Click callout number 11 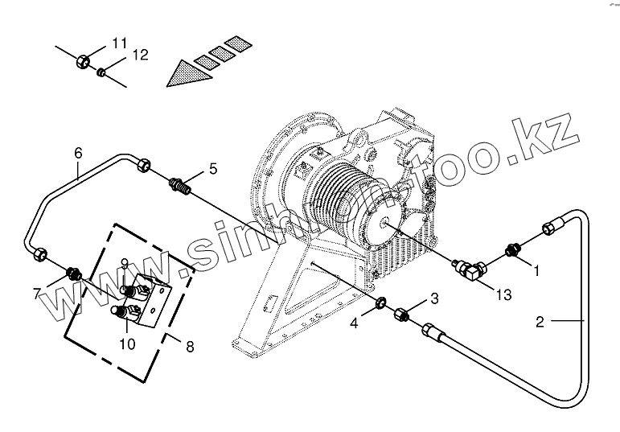(120, 43)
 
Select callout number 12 (140, 56)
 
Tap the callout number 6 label (78, 152)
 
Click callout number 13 (503, 295)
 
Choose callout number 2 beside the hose (540, 323)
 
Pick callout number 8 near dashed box (190, 348)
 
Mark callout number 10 (126, 344)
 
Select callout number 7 (37, 293)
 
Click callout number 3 (434, 299)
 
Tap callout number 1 (537, 271)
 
